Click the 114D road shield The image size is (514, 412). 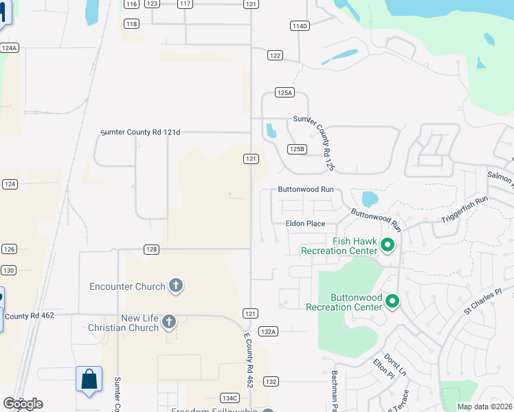point(300,26)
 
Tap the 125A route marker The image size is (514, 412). point(284,92)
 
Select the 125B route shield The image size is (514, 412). point(296,149)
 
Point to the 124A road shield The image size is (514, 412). point(9,48)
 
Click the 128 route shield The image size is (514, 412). point(152,249)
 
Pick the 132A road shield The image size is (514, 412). point(269,331)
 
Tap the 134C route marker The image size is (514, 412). point(230,398)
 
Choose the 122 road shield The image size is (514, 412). point(275,56)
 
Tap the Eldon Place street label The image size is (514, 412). point(305,223)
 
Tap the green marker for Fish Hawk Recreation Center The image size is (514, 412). point(387,244)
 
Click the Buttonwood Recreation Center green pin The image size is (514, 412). point(392,301)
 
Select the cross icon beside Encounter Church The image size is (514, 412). point(175,285)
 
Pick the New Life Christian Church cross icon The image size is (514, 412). point(169,321)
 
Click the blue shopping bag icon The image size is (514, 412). point(89,378)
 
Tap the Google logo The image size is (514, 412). point(23,404)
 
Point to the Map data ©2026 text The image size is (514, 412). point(484,407)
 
